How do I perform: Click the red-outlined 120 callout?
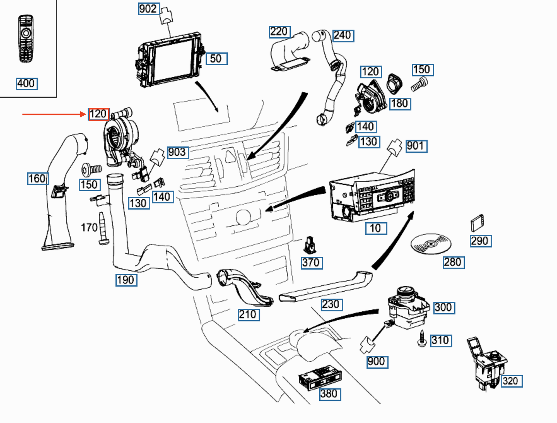pyautogui.click(x=99, y=114)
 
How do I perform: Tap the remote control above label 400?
pyautogui.click(x=26, y=38)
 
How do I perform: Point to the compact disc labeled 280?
pyautogui.click(x=431, y=244)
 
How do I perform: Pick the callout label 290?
pyautogui.click(x=480, y=241)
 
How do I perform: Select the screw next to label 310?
pyautogui.click(x=422, y=338)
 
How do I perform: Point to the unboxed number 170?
pyautogui.click(x=89, y=228)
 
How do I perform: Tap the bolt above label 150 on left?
pyautogui.click(x=91, y=169)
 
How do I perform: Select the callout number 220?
pyautogui.click(x=279, y=32)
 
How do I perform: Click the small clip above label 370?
pyautogui.click(x=309, y=245)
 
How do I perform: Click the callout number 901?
pyautogui.click(x=416, y=146)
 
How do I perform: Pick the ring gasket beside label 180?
pyautogui.click(x=394, y=83)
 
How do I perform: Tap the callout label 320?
pyautogui.click(x=511, y=381)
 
